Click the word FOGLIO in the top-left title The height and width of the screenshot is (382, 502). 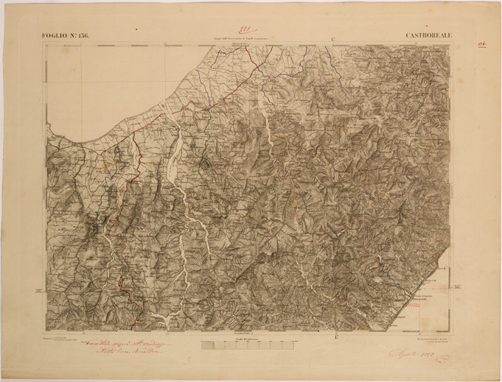pyautogui.click(x=57, y=35)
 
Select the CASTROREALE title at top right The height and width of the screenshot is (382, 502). pyautogui.click(x=430, y=35)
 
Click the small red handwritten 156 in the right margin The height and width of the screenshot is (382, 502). pyautogui.click(x=479, y=43)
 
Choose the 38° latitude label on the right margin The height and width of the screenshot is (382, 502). pyautogui.click(x=457, y=286)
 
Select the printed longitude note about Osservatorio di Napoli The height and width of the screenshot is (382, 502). pyautogui.click(x=234, y=37)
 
